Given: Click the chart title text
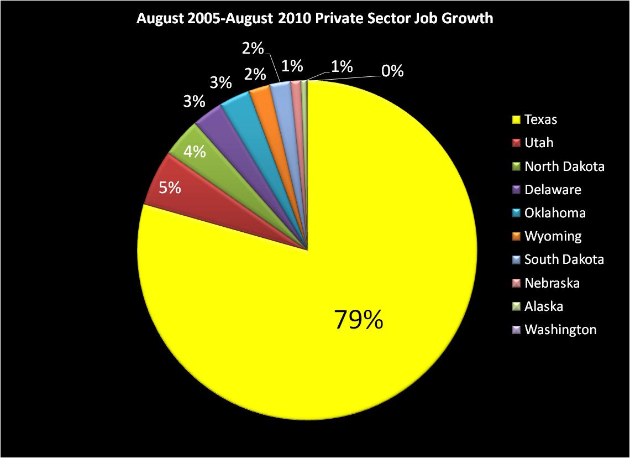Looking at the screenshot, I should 315,19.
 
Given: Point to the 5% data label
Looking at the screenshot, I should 170,188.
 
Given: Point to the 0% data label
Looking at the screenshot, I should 392,71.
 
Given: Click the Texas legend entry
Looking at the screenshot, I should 540,119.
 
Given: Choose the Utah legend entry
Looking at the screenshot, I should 538,143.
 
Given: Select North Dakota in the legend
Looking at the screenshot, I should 564,166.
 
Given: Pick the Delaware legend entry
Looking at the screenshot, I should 552,190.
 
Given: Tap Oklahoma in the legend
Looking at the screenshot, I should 554,213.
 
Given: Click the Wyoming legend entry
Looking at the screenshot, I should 553,236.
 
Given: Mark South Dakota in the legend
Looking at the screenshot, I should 564,259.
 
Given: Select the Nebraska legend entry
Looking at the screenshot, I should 552,283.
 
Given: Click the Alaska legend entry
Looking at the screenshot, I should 543,306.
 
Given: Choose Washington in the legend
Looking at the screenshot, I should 560,330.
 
